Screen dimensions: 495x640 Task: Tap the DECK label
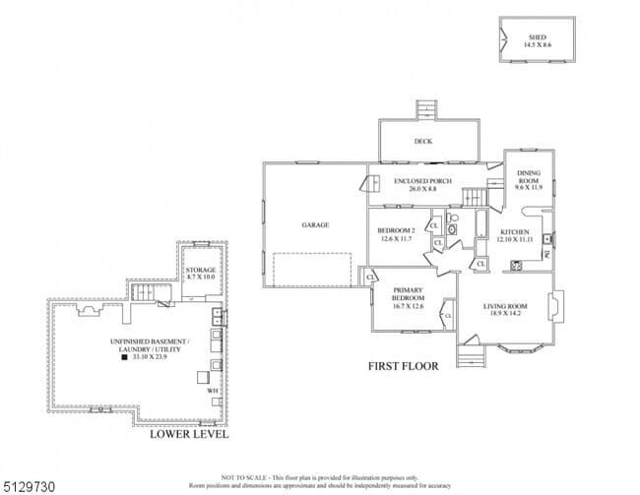click(423, 142)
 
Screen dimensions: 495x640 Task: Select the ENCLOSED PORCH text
click(421, 181)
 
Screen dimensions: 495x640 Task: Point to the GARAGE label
click(315, 225)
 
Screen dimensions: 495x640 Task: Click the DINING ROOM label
click(529, 178)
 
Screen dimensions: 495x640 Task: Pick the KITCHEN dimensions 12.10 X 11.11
click(514, 239)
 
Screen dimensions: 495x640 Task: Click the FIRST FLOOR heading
click(404, 367)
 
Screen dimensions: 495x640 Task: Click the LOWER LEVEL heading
click(188, 434)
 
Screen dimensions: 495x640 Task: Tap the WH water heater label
click(212, 391)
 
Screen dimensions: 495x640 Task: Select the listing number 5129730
click(28, 484)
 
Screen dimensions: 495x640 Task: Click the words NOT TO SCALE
click(240, 474)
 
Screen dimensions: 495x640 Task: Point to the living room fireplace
click(554, 306)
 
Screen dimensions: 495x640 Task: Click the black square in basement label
click(123, 359)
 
